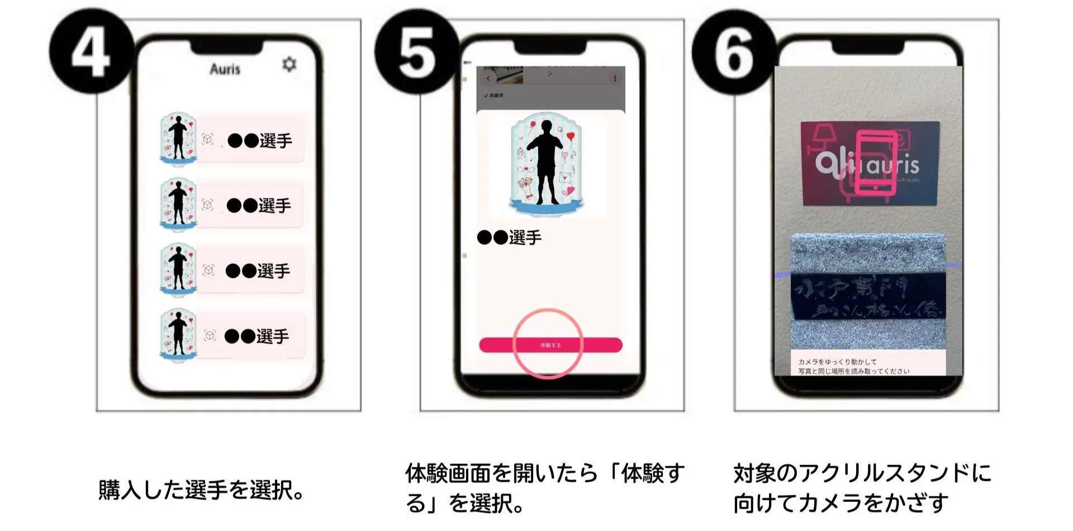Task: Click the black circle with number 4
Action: pyautogui.click(x=91, y=52)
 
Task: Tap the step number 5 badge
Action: pyautogui.click(x=416, y=52)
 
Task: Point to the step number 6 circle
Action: pyautogui.click(x=734, y=52)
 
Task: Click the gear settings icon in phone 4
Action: pyautogui.click(x=289, y=64)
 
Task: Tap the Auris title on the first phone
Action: pyautogui.click(x=225, y=69)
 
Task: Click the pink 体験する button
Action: pyautogui.click(x=550, y=345)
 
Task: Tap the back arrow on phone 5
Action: pyautogui.click(x=488, y=79)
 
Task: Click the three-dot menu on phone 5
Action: pyautogui.click(x=615, y=79)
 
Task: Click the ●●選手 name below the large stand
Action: pyautogui.click(x=509, y=238)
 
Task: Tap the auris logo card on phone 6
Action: pyautogui.click(x=869, y=163)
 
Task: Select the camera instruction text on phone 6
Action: pyautogui.click(x=853, y=366)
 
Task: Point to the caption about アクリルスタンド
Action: pyautogui.click(x=862, y=487)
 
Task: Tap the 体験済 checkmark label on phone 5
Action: pyautogui.click(x=493, y=96)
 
